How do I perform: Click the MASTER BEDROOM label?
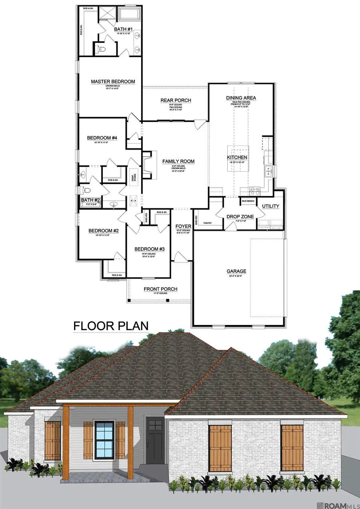(x=113, y=82)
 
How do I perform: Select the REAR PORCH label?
(x=176, y=100)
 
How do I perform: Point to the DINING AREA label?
(x=241, y=98)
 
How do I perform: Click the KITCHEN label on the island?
(x=237, y=158)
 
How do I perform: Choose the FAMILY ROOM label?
(x=178, y=162)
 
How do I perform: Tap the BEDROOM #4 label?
(x=102, y=138)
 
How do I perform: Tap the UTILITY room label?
(x=270, y=206)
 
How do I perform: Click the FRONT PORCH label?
(x=160, y=289)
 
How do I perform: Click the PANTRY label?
(x=207, y=223)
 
